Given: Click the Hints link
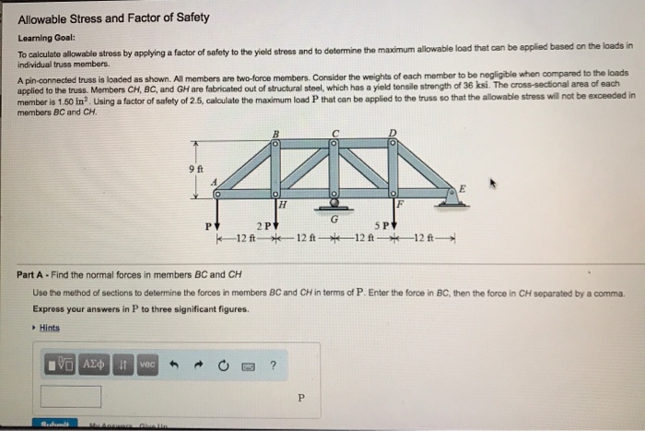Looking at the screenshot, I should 49,327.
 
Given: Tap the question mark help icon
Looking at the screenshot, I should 273,365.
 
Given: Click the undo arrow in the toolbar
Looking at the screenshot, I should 170,365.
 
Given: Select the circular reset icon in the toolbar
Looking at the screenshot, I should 222,365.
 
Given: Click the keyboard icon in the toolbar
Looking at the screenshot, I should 247,365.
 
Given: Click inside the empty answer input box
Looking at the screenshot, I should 71,397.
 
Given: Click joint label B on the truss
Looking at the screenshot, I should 275,134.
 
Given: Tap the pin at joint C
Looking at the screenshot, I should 334,144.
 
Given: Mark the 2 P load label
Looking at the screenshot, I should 265,224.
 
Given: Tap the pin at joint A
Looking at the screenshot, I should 217,194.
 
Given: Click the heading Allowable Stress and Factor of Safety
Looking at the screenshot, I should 114,18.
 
